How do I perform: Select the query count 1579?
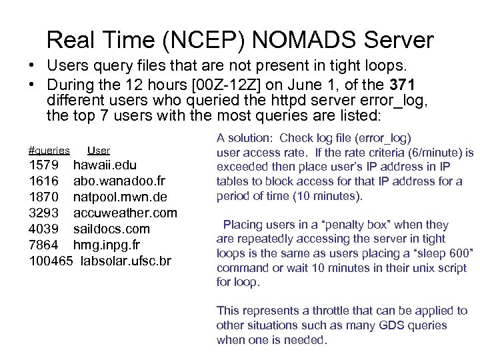[45, 165]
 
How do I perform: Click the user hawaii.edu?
[105, 165]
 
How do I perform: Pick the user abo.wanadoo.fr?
[119, 181]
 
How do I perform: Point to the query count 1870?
[45, 197]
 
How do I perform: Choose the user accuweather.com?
[125, 213]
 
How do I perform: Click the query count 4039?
[45, 229]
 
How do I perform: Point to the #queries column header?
[49, 151]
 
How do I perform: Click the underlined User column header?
[99, 151]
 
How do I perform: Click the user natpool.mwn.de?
[120, 197]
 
